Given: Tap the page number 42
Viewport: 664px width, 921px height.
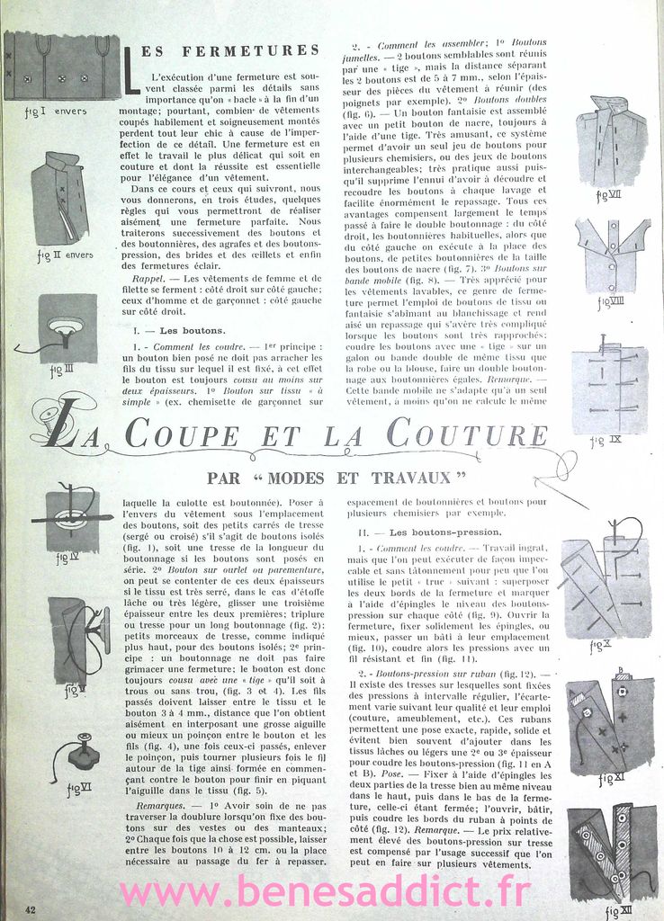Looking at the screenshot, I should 31,909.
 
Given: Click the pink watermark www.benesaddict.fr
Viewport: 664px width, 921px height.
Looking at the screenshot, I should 326,893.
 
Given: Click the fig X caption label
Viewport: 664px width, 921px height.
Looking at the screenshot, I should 600,645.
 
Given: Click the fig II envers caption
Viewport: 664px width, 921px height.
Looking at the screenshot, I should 65,255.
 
